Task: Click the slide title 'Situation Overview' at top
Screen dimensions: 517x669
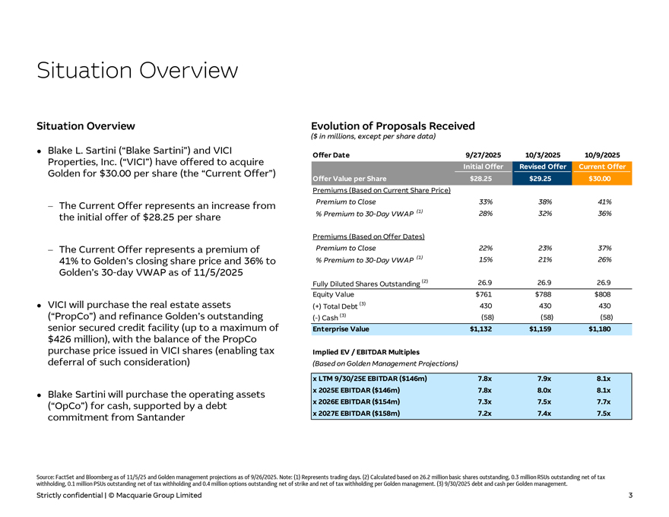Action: (x=138, y=71)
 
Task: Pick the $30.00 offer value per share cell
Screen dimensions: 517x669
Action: (x=601, y=179)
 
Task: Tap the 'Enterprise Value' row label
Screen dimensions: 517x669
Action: (x=341, y=329)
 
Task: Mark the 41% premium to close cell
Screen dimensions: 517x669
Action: (x=601, y=201)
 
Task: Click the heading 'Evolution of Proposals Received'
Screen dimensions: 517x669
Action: (x=393, y=126)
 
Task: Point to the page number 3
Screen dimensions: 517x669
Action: (x=630, y=496)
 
